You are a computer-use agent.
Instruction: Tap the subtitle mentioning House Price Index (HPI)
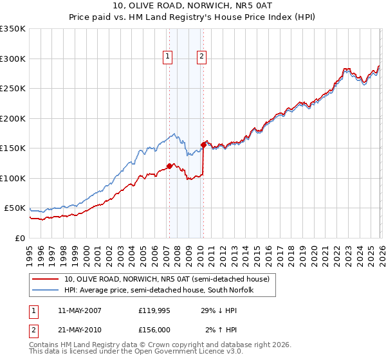coord(193,18)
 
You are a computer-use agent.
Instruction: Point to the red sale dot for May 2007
coord(169,166)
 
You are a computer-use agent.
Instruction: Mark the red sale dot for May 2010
coord(203,145)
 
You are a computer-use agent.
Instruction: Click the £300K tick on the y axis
coord(13,59)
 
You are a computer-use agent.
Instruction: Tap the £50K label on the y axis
coord(15,208)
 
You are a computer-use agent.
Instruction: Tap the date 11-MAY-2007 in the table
coord(80,310)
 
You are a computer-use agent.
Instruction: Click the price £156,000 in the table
coord(154,330)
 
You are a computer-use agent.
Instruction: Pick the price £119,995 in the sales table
coord(154,310)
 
